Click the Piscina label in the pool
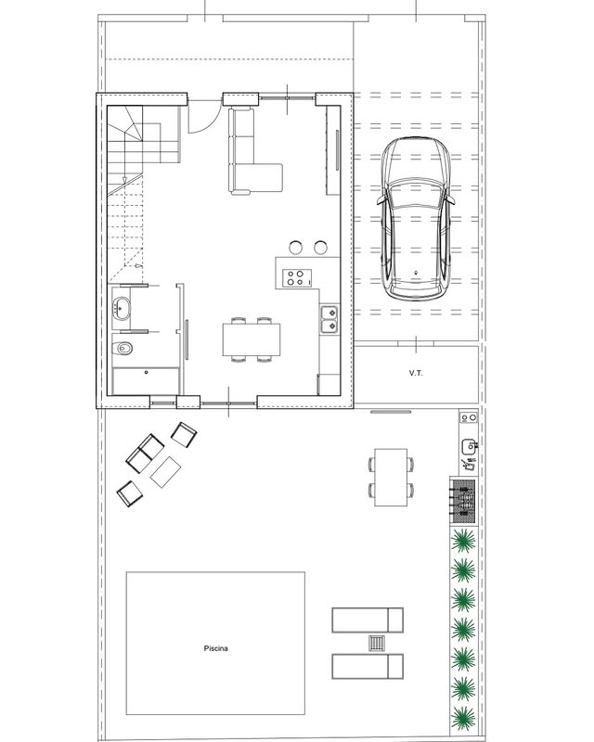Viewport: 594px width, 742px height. coord(216,648)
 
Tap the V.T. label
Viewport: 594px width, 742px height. coord(416,374)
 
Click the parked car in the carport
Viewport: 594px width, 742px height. coord(416,219)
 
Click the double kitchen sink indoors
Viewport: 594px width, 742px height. coord(329,319)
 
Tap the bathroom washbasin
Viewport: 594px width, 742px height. coord(122,308)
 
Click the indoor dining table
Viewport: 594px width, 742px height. coord(252,339)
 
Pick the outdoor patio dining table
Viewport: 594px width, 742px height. coord(392,478)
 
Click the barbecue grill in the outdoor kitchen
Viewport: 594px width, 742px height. coord(462,501)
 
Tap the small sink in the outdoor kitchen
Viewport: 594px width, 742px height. coord(468,446)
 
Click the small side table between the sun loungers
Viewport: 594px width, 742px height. coord(377,643)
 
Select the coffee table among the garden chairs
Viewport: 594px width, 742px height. coord(165,472)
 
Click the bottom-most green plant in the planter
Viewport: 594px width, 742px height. coord(463,720)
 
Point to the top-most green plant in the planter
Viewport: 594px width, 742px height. coord(463,541)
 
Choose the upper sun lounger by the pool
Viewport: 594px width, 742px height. coord(368,620)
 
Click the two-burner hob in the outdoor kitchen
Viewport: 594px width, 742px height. coord(469,418)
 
